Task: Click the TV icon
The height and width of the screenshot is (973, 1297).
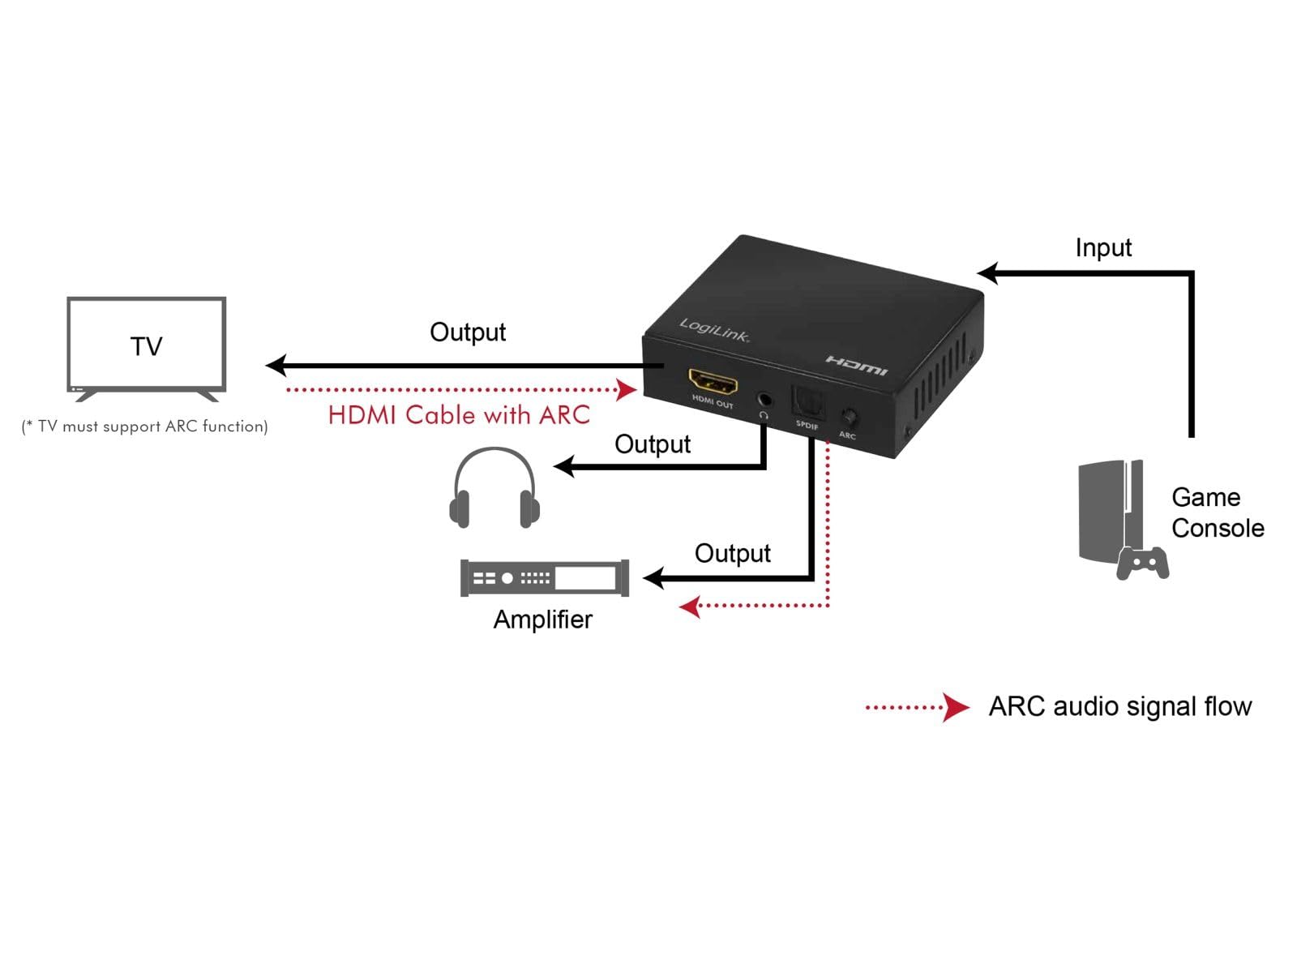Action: (x=146, y=349)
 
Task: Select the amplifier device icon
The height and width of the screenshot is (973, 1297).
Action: (x=544, y=578)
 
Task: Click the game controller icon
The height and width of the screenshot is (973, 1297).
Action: (x=1142, y=563)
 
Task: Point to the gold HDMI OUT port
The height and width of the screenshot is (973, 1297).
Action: (x=713, y=382)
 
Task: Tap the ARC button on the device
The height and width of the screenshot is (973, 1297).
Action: (x=849, y=417)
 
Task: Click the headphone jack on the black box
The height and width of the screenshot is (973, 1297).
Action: (x=765, y=400)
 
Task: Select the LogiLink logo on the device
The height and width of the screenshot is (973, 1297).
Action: (x=714, y=330)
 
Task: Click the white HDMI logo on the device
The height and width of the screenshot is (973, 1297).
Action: (x=857, y=366)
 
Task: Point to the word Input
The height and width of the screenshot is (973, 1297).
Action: (x=1102, y=247)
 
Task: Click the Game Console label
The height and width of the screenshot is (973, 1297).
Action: (x=1218, y=512)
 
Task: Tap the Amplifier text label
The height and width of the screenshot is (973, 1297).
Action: (x=542, y=619)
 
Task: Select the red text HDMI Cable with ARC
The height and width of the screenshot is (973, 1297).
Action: (x=459, y=414)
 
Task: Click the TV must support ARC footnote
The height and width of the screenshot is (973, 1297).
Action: (x=145, y=426)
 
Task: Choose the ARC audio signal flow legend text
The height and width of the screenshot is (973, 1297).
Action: (x=1119, y=706)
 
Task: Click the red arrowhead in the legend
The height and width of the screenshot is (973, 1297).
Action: (x=955, y=707)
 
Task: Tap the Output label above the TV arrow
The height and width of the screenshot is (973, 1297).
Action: (x=468, y=332)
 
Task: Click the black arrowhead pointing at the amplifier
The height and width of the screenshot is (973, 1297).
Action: (x=653, y=578)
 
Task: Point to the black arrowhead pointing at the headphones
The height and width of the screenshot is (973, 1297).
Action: (x=564, y=466)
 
